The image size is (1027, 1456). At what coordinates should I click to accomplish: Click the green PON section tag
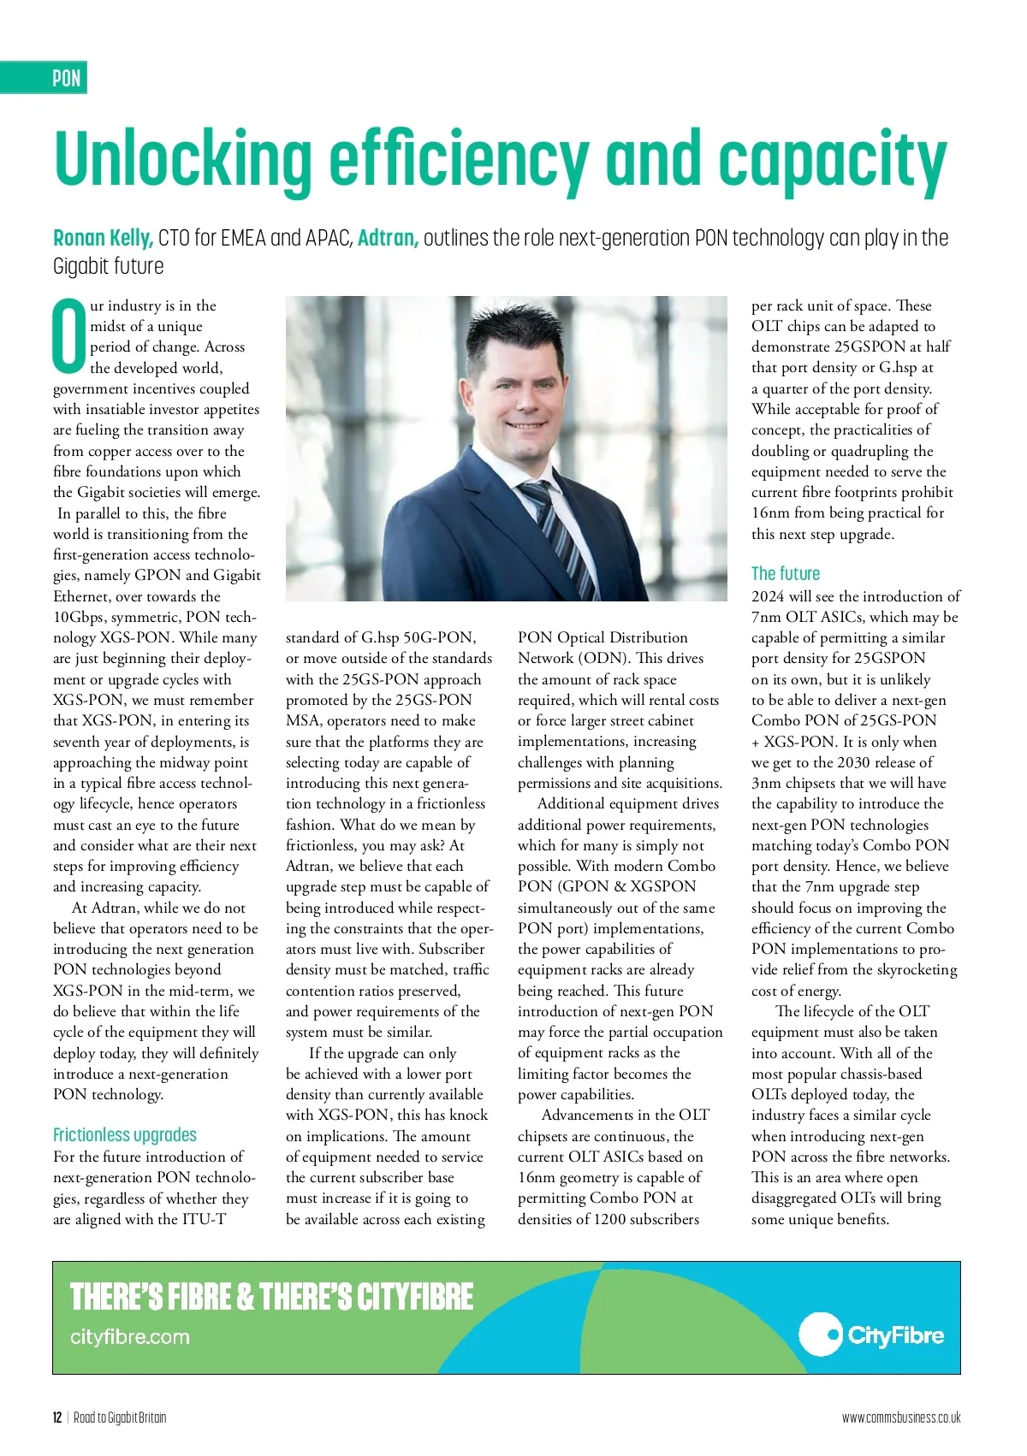click(x=66, y=78)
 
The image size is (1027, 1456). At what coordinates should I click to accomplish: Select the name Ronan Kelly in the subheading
click(x=103, y=238)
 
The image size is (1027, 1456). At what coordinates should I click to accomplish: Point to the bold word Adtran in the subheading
click(x=388, y=238)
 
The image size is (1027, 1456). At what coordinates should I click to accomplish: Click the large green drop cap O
click(x=69, y=337)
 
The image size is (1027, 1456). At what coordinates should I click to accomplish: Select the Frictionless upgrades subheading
click(x=125, y=1135)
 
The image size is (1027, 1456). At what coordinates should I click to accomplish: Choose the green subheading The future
click(x=786, y=573)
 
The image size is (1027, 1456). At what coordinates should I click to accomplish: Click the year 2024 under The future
click(x=769, y=596)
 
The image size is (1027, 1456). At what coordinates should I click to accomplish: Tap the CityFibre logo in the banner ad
click(x=871, y=1335)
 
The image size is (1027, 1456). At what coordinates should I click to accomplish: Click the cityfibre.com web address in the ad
click(x=130, y=1337)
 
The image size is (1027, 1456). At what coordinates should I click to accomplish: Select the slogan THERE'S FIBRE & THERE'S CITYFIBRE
click(x=271, y=1297)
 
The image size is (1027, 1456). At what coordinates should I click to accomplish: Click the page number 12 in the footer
click(x=57, y=1418)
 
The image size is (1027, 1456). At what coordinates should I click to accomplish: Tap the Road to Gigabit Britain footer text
click(x=120, y=1418)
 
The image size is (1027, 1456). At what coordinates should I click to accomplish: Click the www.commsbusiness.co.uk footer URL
click(x=901, y=1418)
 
